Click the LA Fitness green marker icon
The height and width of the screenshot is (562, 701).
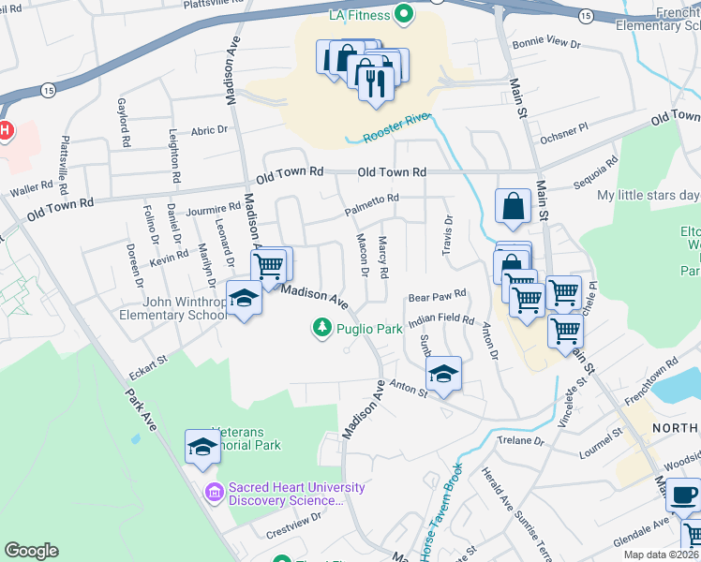pos(405,14)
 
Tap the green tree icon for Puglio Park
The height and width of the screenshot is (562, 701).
pos(321,328)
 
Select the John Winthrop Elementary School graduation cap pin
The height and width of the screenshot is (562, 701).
pos(244,299)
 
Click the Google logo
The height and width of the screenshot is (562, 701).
pos(31,551)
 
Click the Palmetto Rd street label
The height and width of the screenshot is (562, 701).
pos(371,199)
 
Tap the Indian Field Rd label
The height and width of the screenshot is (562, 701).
pos(441,319)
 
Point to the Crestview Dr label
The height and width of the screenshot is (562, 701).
pos(294,517)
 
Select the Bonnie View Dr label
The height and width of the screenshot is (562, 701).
pos(548,44)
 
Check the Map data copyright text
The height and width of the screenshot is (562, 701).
pos(660,555)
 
